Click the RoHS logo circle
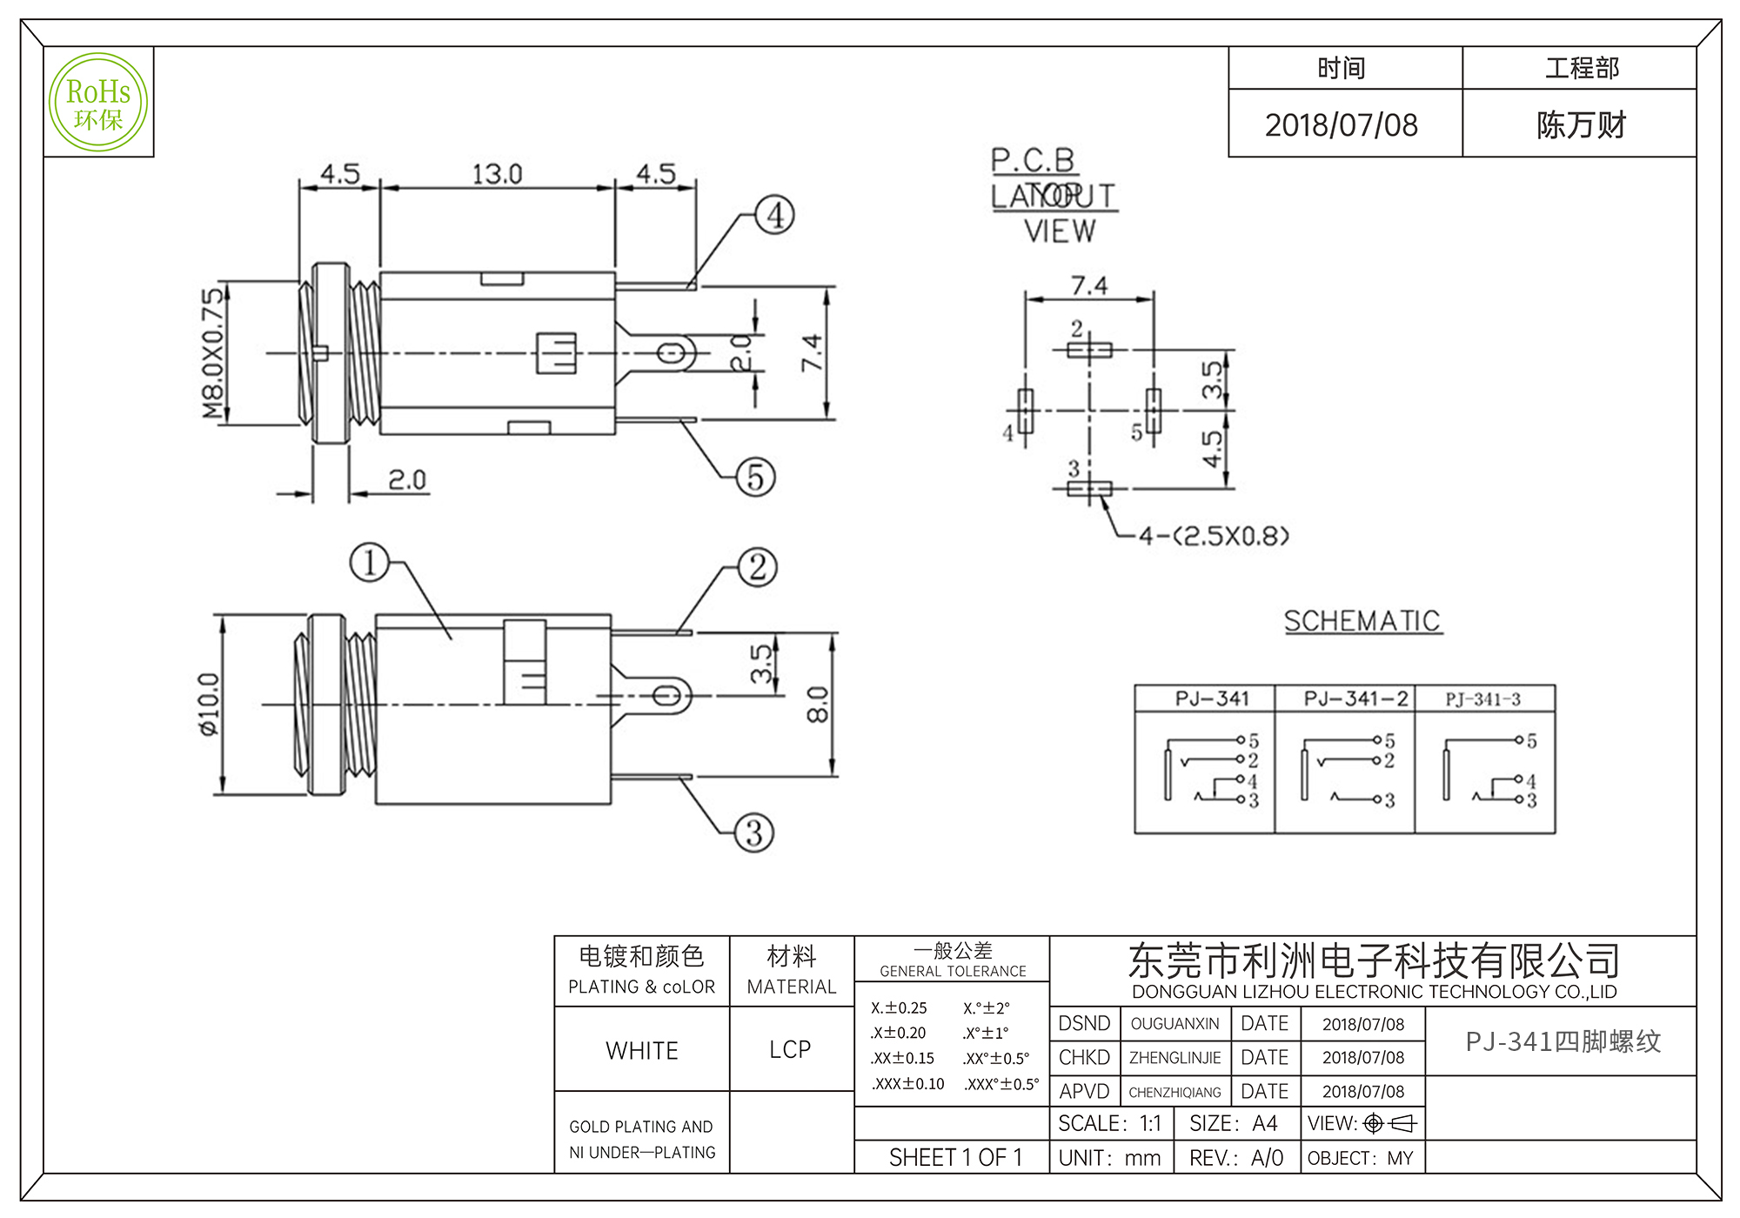(98, 102)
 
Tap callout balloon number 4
(774, 215)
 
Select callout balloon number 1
(369, 562)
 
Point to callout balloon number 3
(753, 833)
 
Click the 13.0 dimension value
(497, 174)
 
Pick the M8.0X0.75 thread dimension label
(213, 353)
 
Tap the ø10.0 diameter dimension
(210, 705)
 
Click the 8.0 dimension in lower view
(818, 705)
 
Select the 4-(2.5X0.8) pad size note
(1214, 535)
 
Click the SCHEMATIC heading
(1362, 621)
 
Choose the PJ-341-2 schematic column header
(1355, 699)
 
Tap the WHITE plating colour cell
(642, 1050)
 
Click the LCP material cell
(790, 1049)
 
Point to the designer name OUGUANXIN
(1174, 1024)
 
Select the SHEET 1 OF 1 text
(955, 1157)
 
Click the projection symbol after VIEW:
(1390, 1123)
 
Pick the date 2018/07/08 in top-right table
(1341, 125)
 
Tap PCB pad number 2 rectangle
(1089, 350)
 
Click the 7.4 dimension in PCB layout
(1089, 285)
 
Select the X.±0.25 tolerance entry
(899, 1007)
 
